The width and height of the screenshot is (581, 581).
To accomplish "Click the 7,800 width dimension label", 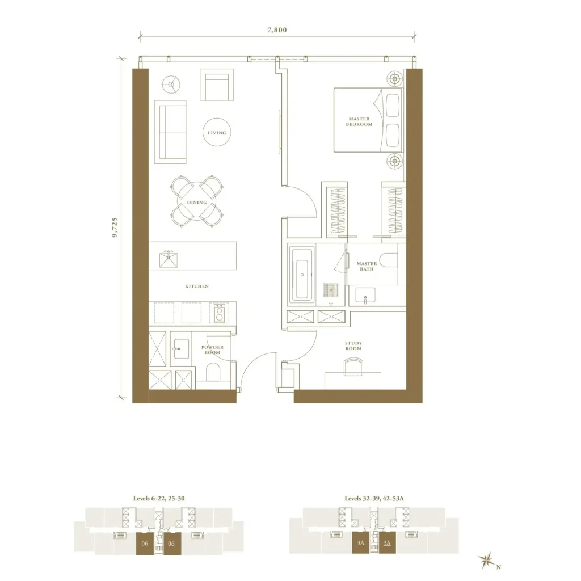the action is point(277,30).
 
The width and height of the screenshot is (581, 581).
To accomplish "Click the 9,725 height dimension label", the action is point(115,227).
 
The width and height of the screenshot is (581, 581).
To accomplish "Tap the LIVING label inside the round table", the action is point(217,133).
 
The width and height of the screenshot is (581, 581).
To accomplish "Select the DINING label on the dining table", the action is point(197,203).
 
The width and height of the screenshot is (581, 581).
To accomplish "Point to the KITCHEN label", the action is point(197,286).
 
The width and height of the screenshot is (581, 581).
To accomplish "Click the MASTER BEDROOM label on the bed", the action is point(359,121).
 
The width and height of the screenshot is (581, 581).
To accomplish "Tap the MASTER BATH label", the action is point(367,266).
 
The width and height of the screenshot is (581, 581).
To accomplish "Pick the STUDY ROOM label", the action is point(353,346).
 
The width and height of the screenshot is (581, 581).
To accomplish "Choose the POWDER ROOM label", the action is point(212,350).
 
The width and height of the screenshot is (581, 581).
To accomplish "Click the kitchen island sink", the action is point(169,259).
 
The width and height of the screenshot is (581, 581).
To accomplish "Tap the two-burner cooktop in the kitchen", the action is point(219,313).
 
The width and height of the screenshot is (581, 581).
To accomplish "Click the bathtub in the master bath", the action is point(302,274).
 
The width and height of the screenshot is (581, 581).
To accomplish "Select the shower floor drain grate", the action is point(331,290).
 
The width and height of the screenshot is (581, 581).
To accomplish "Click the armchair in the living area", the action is point(217,85).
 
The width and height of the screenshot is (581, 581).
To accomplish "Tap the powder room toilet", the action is point(213,372).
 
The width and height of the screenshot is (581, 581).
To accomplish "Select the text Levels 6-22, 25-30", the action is point(159,498).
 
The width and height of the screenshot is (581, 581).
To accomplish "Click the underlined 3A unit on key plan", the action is point(387,543).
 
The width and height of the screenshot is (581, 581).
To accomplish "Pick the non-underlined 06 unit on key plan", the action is point(145,544).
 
